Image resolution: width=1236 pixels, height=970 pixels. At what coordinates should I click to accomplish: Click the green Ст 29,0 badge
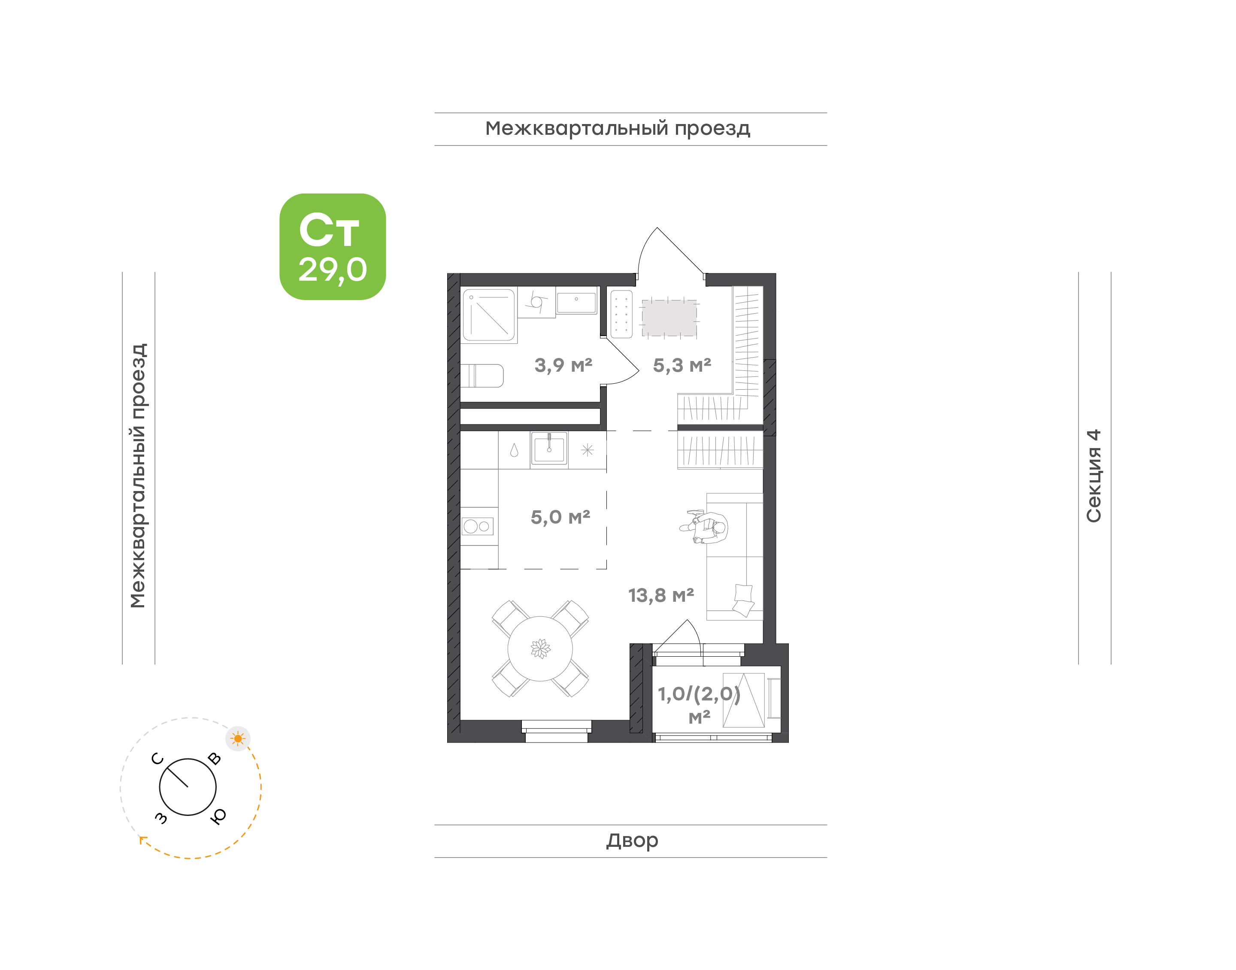[332, 246]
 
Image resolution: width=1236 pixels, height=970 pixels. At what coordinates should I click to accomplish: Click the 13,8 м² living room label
[660, 595]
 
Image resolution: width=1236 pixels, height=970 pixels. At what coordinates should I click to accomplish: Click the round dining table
[540, 649]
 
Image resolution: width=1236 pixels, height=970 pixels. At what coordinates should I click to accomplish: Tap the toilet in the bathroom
[482, 376]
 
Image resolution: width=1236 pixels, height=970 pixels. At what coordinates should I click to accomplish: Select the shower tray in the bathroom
[488, 315]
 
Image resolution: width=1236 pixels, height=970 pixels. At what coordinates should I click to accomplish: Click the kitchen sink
[549, 449]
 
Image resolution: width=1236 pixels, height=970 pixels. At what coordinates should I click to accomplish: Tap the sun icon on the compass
[238, 739]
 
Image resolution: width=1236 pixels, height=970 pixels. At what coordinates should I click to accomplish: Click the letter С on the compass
[158, 759]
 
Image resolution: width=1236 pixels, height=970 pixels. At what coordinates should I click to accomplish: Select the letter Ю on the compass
[218, 816]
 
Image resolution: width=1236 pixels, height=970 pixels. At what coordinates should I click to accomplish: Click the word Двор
[632, 840]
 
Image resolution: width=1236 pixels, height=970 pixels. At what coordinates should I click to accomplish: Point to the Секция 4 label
[1093, 476]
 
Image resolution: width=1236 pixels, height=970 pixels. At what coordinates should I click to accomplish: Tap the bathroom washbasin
[576, 302]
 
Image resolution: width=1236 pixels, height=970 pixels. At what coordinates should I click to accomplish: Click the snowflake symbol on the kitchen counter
[587, 450]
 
